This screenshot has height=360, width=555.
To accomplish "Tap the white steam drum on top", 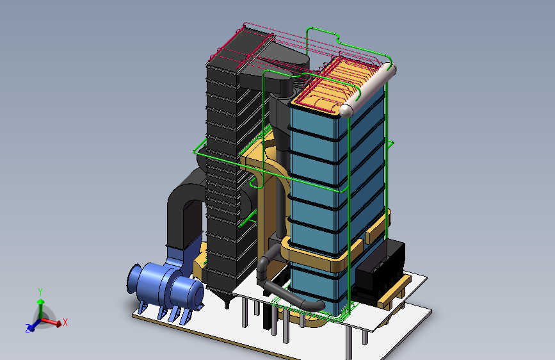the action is (x=367, y=90).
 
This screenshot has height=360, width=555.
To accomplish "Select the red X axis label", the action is (x=65, y=322).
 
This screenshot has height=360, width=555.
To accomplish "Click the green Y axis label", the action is (x=40, y=292).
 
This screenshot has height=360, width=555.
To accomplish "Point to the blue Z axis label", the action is (x=28, y=328).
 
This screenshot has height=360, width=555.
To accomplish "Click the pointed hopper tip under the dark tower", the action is (x=227, y=304).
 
